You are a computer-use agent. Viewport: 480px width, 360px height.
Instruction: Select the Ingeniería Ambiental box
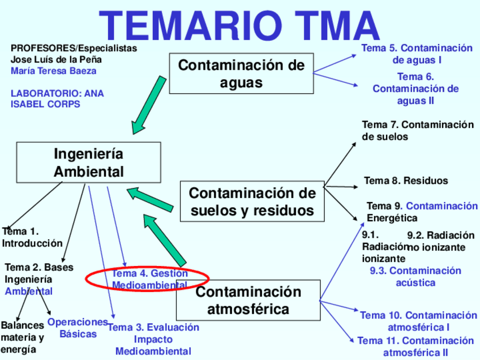[x=88, y=162]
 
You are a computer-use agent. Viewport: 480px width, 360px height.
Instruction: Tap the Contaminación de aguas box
[x=241, y=74]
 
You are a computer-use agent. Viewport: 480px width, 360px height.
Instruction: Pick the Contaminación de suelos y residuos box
[x=252, y=202]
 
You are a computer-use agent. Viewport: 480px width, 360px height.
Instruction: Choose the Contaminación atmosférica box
[x=248, y=301]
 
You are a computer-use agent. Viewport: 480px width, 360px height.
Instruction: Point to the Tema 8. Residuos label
[x=405, y=181]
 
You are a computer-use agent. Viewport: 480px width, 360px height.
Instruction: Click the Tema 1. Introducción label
[x=32, y=238]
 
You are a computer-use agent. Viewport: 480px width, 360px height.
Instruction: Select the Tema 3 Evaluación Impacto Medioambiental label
[x=153, y=339]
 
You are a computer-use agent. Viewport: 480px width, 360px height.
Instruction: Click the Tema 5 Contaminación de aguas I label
[x=417, y=54]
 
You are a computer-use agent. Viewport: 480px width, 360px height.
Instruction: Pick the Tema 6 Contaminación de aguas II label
[x=415, y=89]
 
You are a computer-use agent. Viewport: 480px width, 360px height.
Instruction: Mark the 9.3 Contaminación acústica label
[x=415, y=276]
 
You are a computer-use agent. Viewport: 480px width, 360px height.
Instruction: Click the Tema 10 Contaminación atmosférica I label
[x=418, y=321]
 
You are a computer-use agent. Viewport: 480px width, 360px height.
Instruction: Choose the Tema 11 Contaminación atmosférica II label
[x=415, y=346]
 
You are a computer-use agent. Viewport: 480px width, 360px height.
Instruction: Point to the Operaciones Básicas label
[x=78, y=328]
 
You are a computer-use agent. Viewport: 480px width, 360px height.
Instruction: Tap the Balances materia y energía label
[x=22, y=337]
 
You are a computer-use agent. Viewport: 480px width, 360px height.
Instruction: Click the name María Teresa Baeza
[x=53, y=71]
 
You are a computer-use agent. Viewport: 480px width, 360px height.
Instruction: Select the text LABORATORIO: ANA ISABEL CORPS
[x=57, y=98]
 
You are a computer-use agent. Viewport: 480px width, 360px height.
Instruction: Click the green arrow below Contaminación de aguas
[x=148, y=106]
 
